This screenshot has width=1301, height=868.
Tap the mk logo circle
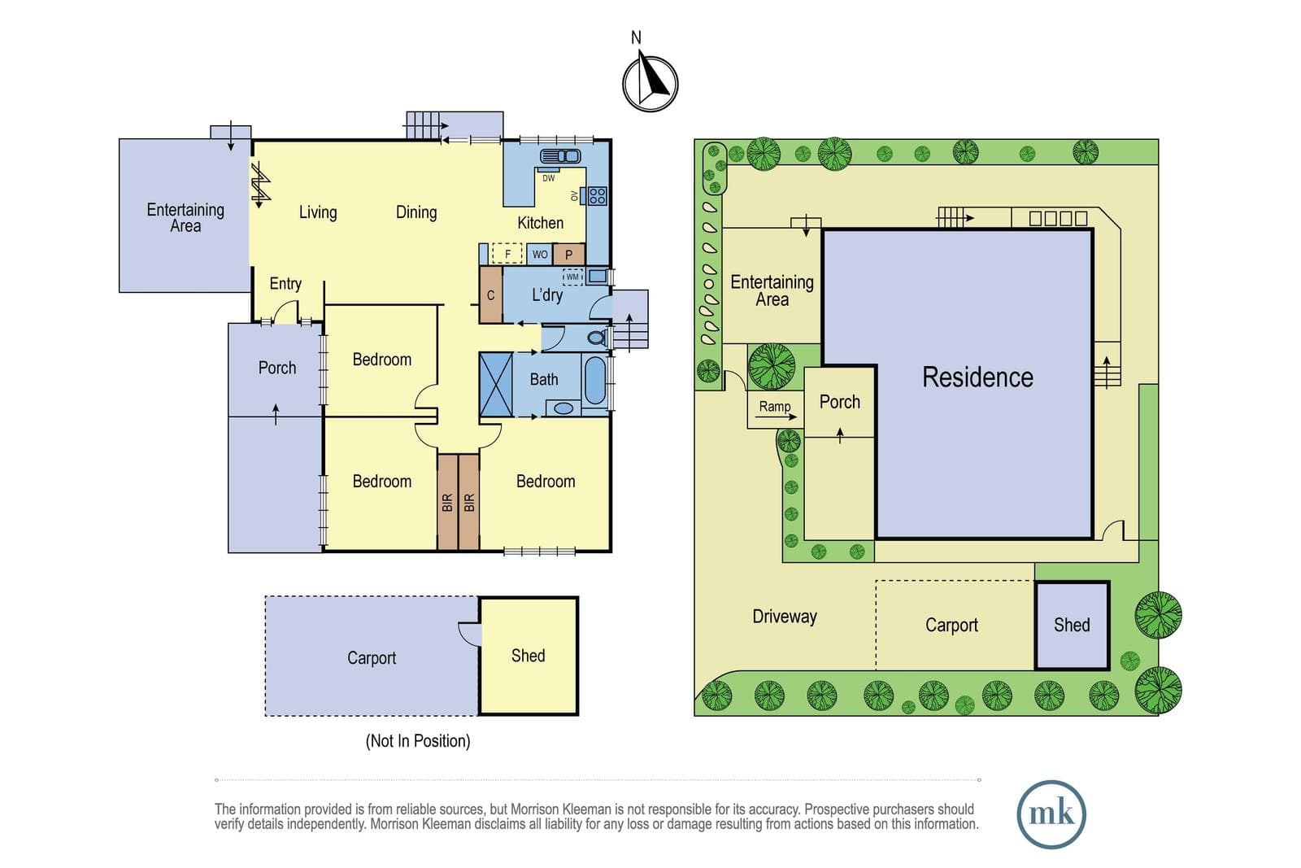1051,814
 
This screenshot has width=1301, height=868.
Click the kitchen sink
560,156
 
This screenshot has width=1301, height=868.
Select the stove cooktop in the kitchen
597,195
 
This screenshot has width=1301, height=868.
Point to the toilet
597,338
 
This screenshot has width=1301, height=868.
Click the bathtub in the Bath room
594,380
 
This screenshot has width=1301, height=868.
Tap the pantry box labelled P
568,255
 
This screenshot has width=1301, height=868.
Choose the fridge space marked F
507,254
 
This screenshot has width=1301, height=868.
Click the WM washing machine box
572,277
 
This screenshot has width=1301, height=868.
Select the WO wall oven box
540,255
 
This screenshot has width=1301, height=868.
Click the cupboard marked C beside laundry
491,294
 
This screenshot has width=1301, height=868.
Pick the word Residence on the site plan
977,377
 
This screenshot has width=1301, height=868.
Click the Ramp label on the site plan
775,406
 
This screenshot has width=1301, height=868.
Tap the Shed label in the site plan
1072,625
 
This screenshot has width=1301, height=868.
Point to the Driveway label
785,616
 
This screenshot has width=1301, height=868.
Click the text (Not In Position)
418,741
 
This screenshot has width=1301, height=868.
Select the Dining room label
416,212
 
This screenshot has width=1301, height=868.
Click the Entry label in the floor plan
285,284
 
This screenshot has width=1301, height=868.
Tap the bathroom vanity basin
563,408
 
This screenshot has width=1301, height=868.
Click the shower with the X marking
496,385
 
